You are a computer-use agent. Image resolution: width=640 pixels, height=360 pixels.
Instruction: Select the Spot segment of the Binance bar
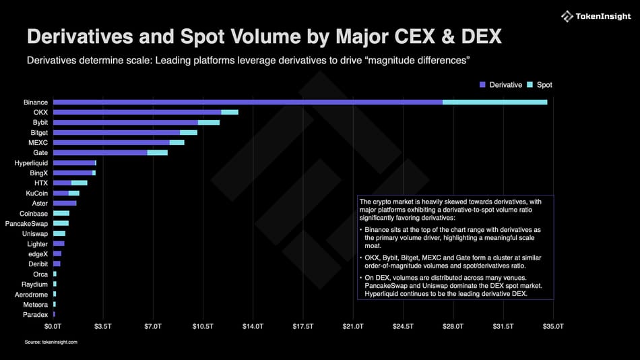pos(494,102)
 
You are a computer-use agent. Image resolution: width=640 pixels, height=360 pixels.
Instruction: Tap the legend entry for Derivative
pos(501,85)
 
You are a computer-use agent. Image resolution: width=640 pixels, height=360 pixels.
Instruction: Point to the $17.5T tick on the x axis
pos(303,326)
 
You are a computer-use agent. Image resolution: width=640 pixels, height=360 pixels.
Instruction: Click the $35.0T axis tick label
pos(553,326)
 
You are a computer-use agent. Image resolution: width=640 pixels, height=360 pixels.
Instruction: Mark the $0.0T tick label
pos(53,326)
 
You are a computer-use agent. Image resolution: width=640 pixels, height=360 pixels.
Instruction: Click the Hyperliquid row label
pos(31,163)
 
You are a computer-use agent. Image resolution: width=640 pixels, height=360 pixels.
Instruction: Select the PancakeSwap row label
pos(26,223)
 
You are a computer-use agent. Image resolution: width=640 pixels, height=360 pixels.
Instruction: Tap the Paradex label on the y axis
pos(35,314)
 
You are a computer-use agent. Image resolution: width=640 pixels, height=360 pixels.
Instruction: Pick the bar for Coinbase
pos(61,213)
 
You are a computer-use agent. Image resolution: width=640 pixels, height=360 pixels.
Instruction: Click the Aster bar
pos(65,203)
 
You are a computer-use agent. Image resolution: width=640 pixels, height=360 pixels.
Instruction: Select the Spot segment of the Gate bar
pos(157,153)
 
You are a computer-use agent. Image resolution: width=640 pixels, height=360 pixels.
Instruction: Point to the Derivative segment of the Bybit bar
pos(125,122)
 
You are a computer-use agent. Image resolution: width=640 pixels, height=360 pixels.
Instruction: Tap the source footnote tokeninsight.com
pos(51,342)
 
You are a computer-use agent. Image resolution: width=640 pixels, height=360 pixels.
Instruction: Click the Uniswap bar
pos(59,233)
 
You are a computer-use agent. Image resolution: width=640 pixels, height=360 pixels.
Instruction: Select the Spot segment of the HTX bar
pos(79,183)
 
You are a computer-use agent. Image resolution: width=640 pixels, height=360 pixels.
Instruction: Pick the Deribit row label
pos(37,264)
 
